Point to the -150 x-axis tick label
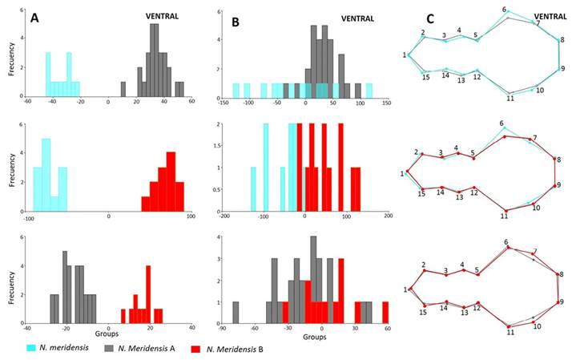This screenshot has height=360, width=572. coord(218,103)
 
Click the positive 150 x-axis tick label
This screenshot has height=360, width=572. coord(387,103)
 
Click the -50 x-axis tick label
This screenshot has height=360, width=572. coord(276,103)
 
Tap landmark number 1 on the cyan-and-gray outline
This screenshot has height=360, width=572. coord(405,55)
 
